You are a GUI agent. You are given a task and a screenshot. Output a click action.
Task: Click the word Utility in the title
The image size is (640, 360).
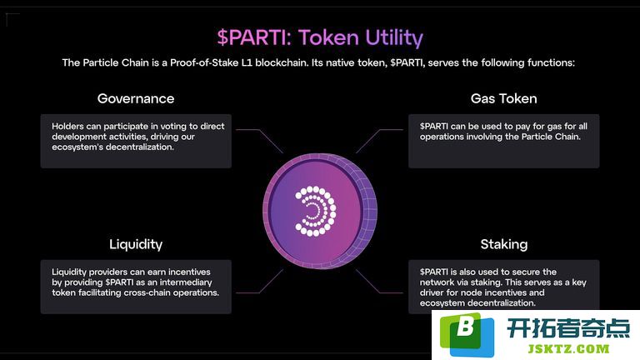click(394, 38)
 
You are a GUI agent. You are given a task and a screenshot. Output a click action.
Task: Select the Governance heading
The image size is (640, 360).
click(136, 98)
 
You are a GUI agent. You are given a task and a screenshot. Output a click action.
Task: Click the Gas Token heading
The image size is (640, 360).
click(503, 98)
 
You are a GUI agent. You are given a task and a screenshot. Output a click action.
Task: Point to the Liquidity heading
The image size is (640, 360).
click(136, 244)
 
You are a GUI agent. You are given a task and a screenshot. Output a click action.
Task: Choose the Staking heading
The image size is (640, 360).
click(503, 244)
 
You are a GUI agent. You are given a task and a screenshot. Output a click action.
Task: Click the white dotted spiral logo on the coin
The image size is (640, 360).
click(316, 211)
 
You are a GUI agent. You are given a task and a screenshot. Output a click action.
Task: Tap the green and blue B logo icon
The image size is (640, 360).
click(467, 334)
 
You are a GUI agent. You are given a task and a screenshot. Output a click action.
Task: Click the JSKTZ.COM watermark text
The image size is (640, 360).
click(568, 349)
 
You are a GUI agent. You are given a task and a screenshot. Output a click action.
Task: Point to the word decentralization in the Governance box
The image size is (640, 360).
click(139, 147)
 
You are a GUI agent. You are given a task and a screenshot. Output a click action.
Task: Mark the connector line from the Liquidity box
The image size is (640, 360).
click(260, 281)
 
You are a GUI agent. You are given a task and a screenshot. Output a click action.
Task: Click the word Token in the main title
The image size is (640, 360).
click(328, 37)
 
